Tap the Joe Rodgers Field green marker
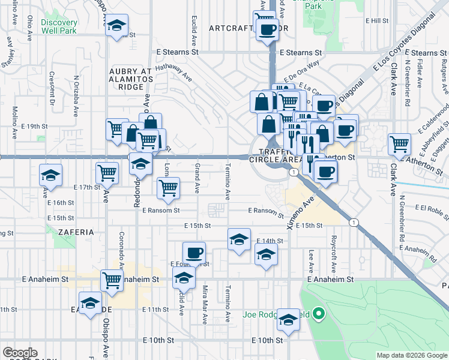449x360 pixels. [319, 313]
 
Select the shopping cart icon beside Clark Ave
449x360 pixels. [399, 144]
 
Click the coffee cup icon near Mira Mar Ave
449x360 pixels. [193, 253]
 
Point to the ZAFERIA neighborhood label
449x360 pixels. [76, 231]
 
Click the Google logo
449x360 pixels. [20, 353]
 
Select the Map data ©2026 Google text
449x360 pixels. [411, 355]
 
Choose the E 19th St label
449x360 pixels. [34, 127]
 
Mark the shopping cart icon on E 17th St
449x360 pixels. [107, 173]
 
